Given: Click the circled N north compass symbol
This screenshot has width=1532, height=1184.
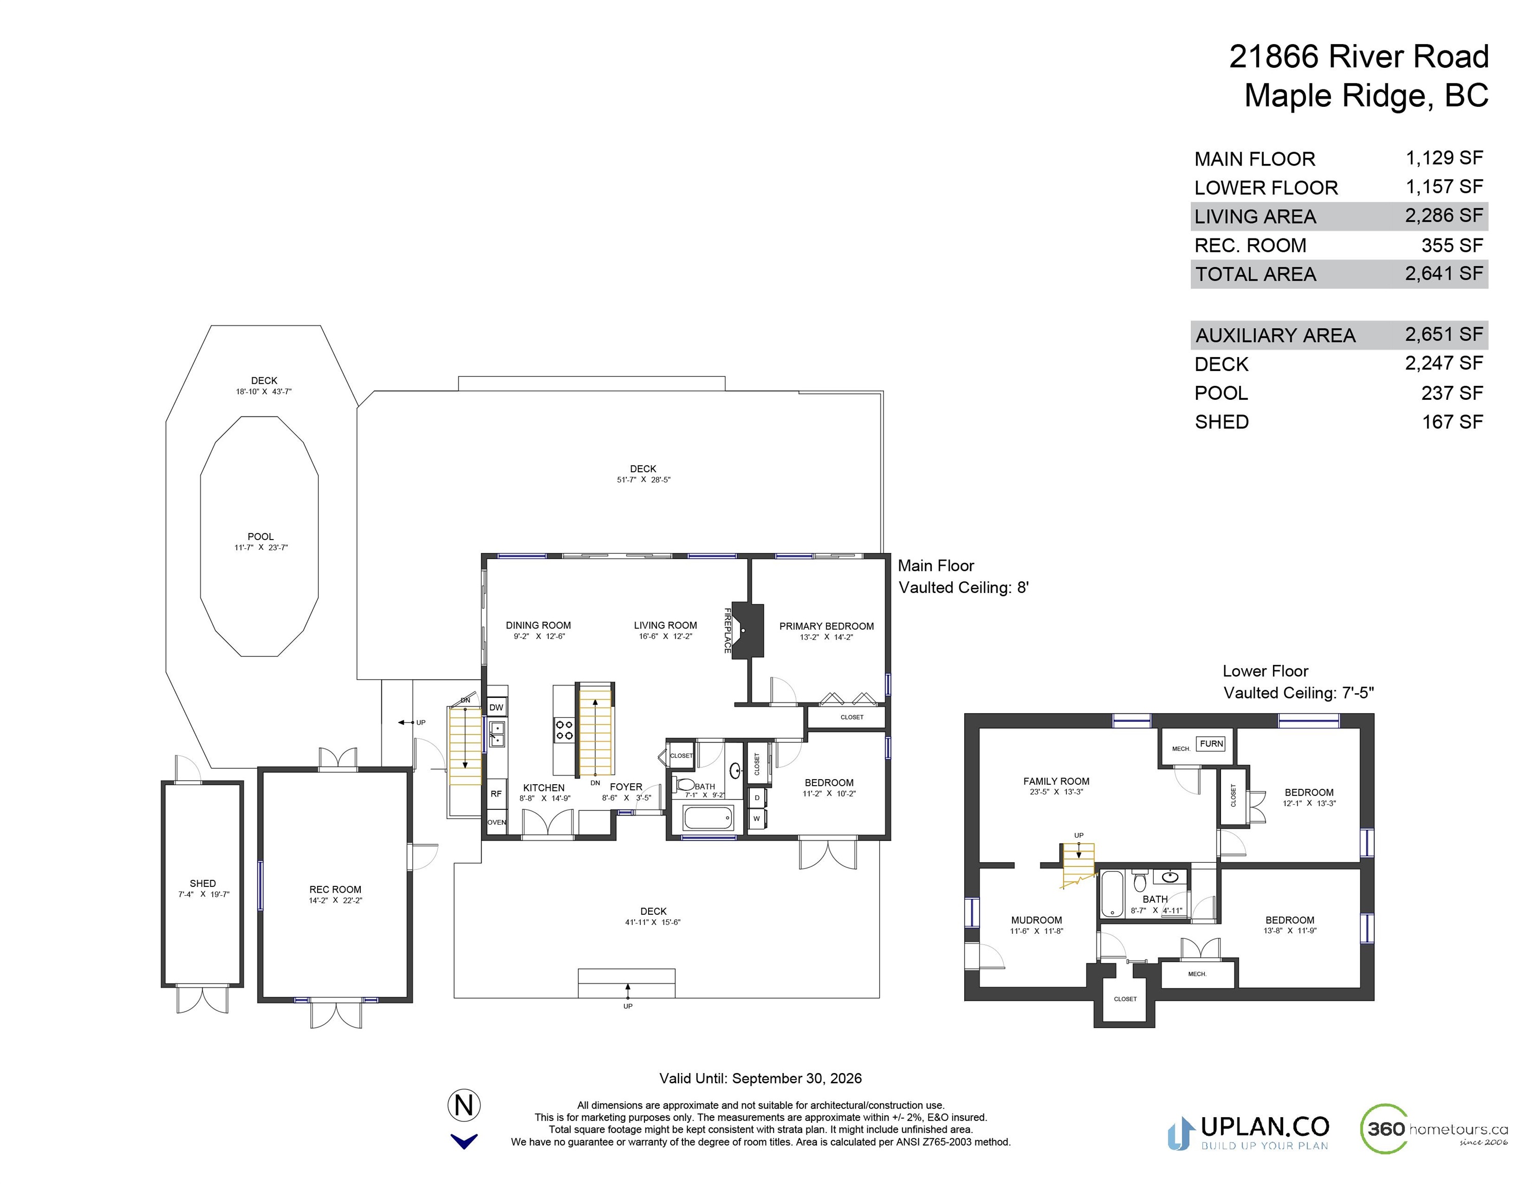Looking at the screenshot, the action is coord(464,1105).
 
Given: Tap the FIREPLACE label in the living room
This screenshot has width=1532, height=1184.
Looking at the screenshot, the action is coord(727,631).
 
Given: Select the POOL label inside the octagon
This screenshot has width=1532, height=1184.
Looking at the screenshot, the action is coord(260,536).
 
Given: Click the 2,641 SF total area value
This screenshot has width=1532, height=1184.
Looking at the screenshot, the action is coord(1444,273).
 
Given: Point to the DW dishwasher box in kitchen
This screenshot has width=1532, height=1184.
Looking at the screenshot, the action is coord(496,707).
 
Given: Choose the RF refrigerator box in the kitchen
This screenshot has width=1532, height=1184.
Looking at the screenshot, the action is coord(496,794).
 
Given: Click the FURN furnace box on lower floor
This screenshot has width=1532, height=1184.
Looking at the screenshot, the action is coord(1211,744).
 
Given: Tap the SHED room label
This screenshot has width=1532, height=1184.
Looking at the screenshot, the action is coord(202,883).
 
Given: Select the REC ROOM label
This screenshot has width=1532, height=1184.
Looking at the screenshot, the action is coord(335,889).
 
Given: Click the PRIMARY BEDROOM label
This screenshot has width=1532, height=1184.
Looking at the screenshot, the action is coord(826,626).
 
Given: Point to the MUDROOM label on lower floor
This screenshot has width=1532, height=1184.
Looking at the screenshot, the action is coord(1036,919).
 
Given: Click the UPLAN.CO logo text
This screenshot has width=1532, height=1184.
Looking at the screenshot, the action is coord(1265,1126).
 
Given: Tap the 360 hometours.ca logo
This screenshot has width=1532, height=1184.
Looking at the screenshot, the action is coord(1434,1128).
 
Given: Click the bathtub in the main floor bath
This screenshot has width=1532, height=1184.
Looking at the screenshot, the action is coord(709,818).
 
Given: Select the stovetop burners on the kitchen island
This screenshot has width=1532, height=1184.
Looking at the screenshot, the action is coord(564,730).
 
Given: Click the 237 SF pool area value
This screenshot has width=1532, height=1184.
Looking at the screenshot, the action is coord(1452,393).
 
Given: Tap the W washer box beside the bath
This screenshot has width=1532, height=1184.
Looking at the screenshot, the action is coord(757,819).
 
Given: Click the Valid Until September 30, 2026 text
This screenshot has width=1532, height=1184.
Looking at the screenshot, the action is coord(761,1078).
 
